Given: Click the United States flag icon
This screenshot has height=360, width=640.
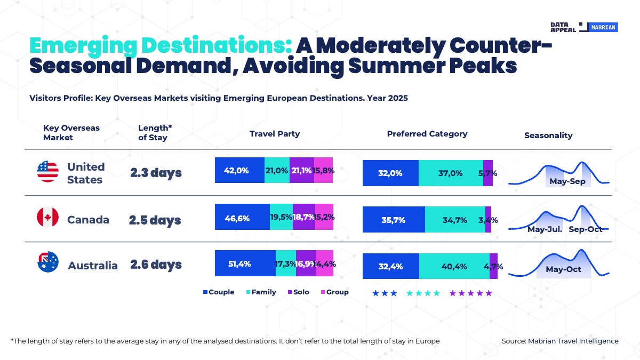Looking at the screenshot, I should [x=47, y=172].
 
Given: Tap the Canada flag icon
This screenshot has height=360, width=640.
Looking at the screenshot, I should [x=47, y=218].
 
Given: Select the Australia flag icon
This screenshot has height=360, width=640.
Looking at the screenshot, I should [x=47, y=262].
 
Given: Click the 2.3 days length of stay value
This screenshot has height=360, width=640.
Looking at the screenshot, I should [x=156, y=173].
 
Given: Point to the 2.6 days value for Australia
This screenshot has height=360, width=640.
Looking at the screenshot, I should [x=156, y=265].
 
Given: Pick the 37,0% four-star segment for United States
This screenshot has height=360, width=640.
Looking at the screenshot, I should [x=451, y=173].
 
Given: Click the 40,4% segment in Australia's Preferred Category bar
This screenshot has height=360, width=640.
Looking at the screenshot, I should [x=454, y=266].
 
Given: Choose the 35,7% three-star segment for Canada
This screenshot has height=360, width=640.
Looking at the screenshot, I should [x=394, y=220].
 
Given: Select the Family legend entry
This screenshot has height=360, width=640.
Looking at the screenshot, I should [x=261, y=292].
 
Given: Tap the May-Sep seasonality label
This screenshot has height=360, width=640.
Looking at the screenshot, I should [x=567, y=181].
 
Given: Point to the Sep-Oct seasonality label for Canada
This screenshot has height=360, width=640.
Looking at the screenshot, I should [x=585, y=229].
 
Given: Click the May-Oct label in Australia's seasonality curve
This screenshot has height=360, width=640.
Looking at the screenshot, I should [x=563, y=269].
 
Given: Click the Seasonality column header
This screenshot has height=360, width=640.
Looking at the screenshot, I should [x=548, y=135].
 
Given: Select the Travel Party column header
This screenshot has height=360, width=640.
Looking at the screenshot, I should [x=275, y=134].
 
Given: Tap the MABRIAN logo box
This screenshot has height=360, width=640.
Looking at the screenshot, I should [x=604, y=27].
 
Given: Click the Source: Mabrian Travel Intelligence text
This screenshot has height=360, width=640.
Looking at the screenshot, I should [x=560, y=341].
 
